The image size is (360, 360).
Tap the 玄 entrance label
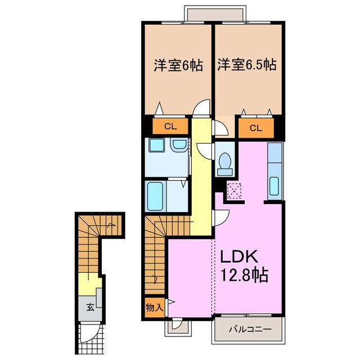pyautogui.click(x=89, y=307)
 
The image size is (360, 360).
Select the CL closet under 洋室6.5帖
pyautogui.click(x=256, y=128)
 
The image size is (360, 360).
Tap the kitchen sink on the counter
pyautogui.click(x=274, y=186)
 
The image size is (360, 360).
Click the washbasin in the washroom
pyautogui.click(x=179, y=146)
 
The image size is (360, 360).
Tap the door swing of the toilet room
pyautogui.click(x=220, y=128)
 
